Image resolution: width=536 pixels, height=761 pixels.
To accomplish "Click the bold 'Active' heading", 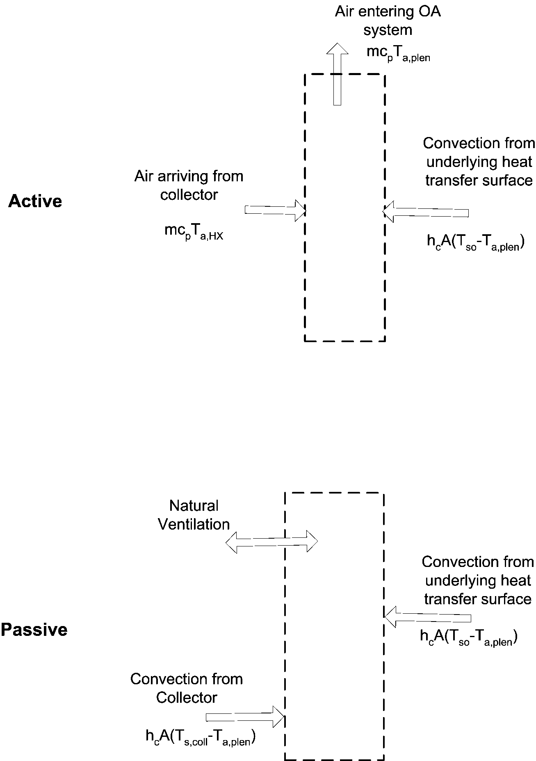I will pyautogui.click(x=35, y=201).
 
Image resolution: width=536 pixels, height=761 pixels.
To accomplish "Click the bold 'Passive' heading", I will pyautogui.click(x=34, y=629).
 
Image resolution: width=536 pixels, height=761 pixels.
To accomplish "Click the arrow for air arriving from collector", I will pyautogui.click(x=275, y=210).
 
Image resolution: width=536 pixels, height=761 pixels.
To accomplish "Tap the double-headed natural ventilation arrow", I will pyautogui.click(x=271, y=542).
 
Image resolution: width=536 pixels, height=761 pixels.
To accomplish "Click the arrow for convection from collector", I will pyautogui.click(x=245, y=716).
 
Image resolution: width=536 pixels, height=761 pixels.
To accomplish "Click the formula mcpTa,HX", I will pyautogui.click(x=194, y=232).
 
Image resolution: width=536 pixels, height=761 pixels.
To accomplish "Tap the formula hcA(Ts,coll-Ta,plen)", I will pyautogui.click(x=201, y=737).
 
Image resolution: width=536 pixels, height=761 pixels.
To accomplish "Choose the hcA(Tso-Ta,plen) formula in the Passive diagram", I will pyautogui.click(x=468, y=637).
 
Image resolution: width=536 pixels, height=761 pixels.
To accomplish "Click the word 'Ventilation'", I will pyautogui.click(x=194, y=524).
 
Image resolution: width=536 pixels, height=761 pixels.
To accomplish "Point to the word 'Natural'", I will pyautogui.click(x=194, y=505).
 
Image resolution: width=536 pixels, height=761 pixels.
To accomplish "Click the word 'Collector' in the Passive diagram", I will pyautogui.click(x=187, y=697).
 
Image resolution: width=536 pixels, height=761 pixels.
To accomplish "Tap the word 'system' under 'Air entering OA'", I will pyautogui.click(x=388, y=30).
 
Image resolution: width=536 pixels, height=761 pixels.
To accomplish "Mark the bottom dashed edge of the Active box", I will pyautogui.click(x=344, y=341).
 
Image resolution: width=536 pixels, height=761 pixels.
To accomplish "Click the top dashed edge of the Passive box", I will pyautogui.click(x=334, y=493).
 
